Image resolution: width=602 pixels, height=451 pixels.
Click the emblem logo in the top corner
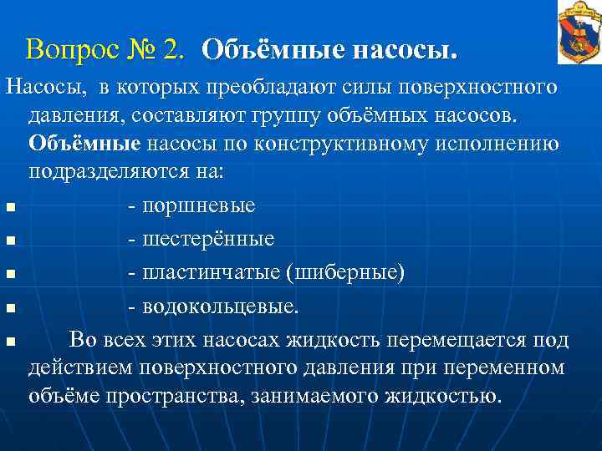tap(579, 33)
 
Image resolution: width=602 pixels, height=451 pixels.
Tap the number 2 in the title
tap(174, 49)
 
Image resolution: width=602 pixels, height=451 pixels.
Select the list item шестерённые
tap(208, 239)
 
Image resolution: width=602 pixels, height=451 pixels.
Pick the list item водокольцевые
tap(220, 307)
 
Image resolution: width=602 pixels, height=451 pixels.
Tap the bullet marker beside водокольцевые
tap(9, 308)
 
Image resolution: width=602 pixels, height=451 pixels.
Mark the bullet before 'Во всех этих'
tap(9, 342)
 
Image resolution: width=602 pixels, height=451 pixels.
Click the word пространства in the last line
tap(173, 394)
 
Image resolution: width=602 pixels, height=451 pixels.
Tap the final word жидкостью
tap(442, 394)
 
